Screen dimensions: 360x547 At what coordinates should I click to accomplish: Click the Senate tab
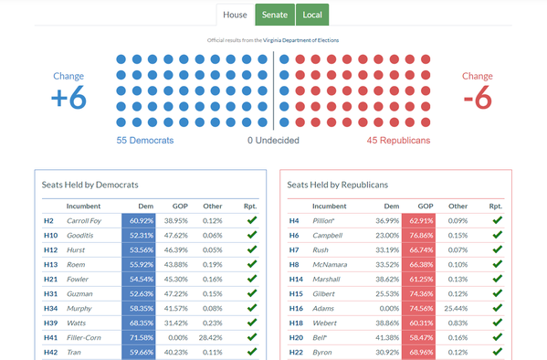[x=274, y=15]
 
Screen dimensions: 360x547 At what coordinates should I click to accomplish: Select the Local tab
[x=312, y=15]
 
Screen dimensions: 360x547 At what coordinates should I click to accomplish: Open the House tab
[x=236, y=15]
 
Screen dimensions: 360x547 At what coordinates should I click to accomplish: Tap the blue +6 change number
[x=68, y=99]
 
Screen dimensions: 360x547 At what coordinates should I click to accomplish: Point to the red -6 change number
[x=478, y=99]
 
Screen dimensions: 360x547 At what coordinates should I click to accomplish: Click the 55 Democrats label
[x=144, y=141]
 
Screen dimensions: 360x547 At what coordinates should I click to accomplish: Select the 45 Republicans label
[x=398, y=141]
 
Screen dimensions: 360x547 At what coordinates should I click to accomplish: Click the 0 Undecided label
[x=274, y=141]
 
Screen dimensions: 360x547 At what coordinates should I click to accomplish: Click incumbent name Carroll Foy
[x=84, y=221]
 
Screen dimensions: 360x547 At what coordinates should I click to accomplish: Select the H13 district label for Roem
[x=50, y=264]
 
